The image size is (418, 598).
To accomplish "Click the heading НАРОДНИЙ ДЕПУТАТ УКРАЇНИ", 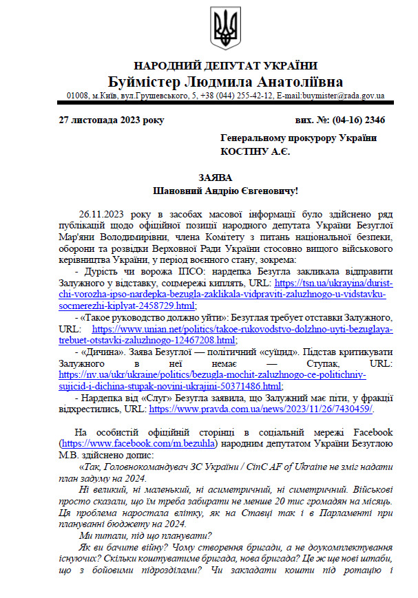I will (x=225, y=66).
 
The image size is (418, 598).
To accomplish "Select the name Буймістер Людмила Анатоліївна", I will (x=225, y=82).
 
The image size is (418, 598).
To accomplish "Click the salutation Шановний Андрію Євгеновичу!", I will (x=225, y=189).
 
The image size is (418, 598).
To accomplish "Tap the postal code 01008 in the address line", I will (x=78, y=96).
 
